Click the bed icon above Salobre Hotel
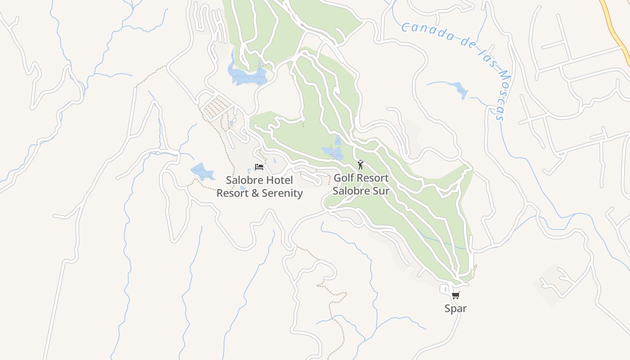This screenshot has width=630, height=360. point(259,167)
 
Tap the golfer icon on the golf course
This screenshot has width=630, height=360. point(360,165)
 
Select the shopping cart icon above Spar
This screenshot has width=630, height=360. point(456,296)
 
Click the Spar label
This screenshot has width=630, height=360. point(456,309)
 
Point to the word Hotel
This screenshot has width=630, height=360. point(278,180)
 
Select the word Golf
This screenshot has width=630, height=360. point(344,178)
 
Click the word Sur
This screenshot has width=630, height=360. point(381,191)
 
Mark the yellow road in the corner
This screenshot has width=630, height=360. point(616,27)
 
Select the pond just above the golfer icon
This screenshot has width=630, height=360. point(333,152)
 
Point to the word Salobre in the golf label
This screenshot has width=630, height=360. point(351,191)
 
